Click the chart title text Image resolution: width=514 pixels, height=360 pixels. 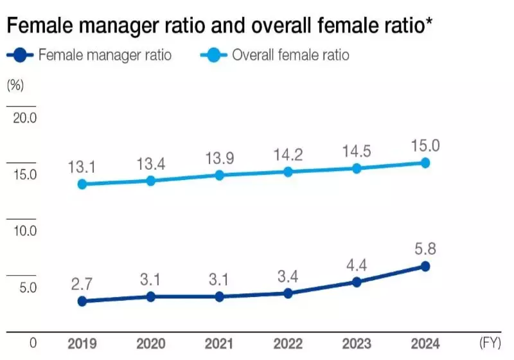pos(218,26)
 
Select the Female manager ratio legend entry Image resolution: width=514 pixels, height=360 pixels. pos(89,55)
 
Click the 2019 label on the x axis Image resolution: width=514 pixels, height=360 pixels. pos(82,344)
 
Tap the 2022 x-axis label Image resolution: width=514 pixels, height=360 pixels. pos(288,344)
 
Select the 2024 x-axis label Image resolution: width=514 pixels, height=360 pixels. pos(425,344)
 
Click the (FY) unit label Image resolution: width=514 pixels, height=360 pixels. pos(490,343)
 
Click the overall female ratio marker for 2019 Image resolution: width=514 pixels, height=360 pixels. pos(82,184)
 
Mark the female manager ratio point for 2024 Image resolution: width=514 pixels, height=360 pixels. pos(425,266)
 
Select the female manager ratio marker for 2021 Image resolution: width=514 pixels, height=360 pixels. pos(219,296)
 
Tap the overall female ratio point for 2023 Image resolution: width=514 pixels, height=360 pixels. pos(357,168)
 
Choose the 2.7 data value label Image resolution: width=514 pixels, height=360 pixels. pos(82,283)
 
